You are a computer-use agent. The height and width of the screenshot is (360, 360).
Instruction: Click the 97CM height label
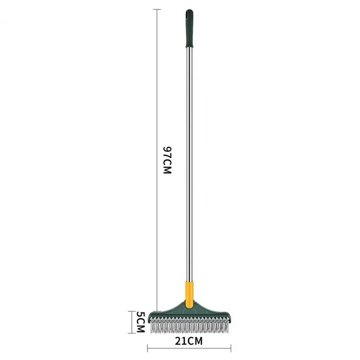(167, 160)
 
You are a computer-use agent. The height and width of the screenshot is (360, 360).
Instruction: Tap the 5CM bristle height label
(140, 322)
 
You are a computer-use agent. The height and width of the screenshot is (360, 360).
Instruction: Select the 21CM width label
(189, 341)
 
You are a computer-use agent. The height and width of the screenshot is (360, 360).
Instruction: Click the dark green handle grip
(189, 29)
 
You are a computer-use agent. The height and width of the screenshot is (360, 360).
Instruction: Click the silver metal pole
(189, 164)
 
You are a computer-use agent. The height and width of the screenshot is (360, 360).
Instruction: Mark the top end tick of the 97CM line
(157, 9)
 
